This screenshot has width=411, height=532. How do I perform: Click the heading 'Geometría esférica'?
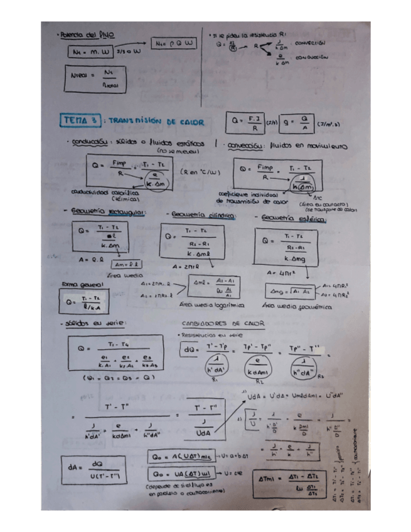292,218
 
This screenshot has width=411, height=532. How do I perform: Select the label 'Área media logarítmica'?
203,304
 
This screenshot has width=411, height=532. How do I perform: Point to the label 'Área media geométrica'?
291,306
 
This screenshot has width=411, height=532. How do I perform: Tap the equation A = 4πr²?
280,273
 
